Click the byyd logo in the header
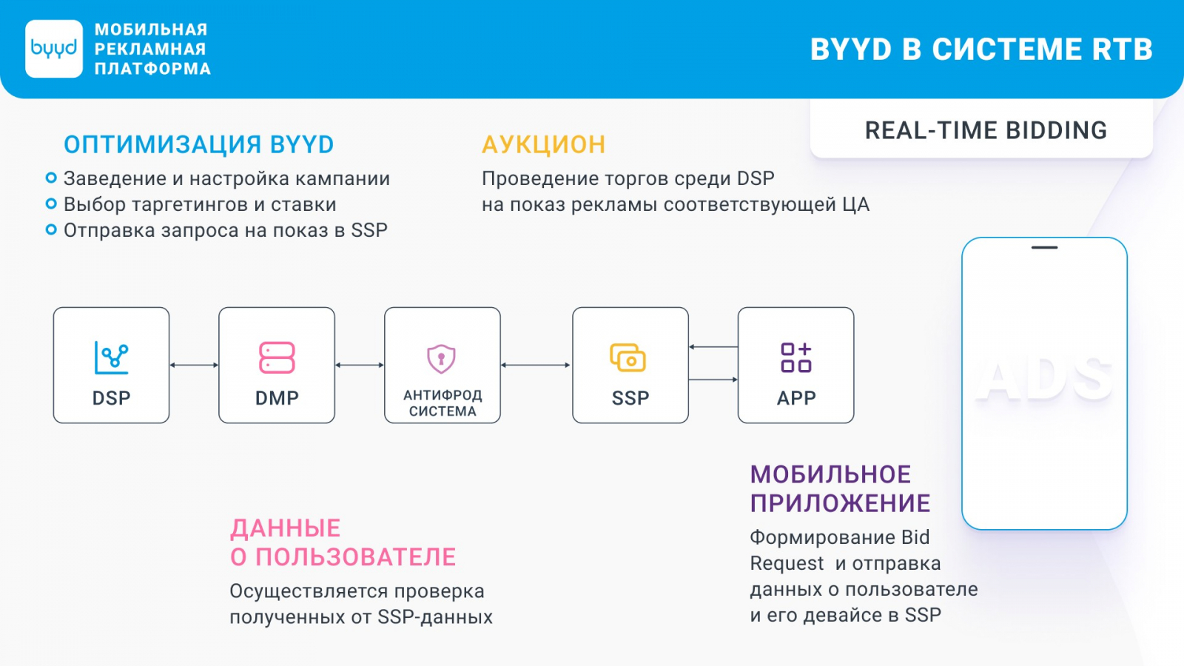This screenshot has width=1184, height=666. (54, 49)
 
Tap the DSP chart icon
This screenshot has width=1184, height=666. (111, 358)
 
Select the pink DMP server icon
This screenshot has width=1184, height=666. (277, 358)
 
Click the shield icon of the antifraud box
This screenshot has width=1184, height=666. (441, 359)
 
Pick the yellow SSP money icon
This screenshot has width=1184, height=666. (628, 358)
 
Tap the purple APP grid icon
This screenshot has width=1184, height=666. (796, 358)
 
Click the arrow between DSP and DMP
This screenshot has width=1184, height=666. (194, 365)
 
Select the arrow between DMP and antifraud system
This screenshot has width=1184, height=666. (360, 365)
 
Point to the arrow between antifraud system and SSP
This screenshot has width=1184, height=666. (536, 365)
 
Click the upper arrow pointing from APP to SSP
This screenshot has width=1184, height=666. (713, 347)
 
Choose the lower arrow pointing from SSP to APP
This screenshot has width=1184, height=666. (713, 380)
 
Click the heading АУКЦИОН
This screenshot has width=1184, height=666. (543, 145)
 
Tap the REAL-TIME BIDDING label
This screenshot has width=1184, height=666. (986, 130)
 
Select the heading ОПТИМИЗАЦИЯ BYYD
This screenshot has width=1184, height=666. (199, 145)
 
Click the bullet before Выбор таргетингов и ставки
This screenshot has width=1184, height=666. (51, 203)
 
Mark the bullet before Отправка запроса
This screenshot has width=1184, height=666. (51, 229)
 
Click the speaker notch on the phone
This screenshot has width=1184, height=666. (1044, 247)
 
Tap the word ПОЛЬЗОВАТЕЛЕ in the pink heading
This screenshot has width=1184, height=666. (355, 557)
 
